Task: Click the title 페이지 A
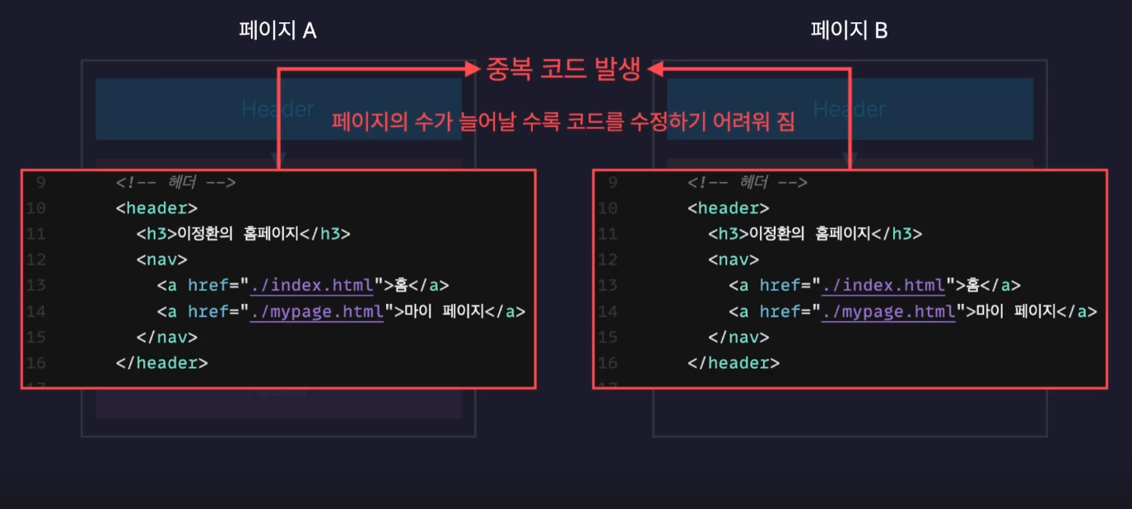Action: (x=277, y=30)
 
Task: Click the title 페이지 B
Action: (x=849, y=30)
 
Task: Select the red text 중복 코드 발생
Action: (x=563, y=69)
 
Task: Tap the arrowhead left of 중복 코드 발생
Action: (x=473, y=70)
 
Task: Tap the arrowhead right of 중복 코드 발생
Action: (x=655, y=70)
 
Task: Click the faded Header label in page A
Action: (x=277, y=109)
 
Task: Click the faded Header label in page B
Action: (x=849, y=109)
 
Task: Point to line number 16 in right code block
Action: (x=608, y=362)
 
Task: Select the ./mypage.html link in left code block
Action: (x=316, y=311)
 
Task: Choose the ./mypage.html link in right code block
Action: (x=888, y=311)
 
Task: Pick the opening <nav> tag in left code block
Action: (x=162, y=259)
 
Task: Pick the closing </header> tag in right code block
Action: (x=734, y=362)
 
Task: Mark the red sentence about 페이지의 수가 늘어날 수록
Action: (x=563, y=122)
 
